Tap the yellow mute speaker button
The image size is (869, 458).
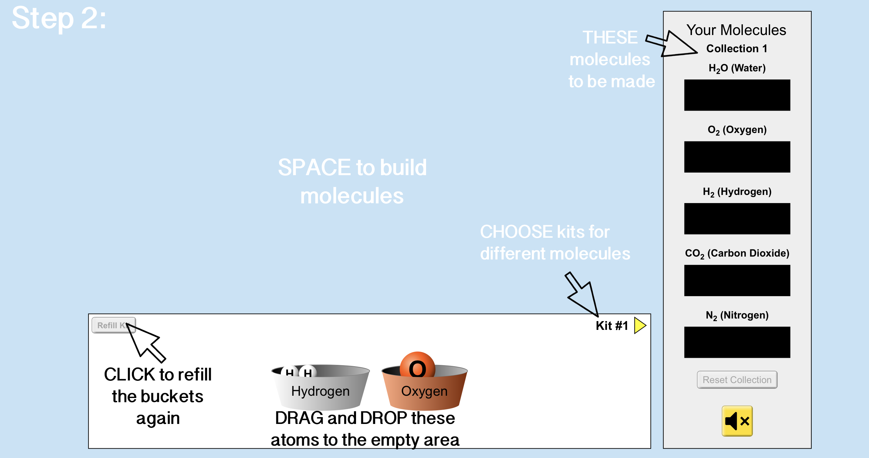737,421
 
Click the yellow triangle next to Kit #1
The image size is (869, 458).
639,325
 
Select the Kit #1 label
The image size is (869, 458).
612,326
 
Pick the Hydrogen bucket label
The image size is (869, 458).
320,391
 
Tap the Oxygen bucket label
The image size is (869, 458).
424,391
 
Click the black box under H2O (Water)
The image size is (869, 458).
737,95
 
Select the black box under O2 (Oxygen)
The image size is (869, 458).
737,157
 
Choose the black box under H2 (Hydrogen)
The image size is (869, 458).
737,218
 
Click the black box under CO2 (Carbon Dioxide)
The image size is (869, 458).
737,280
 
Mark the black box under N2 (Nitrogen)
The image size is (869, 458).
737,342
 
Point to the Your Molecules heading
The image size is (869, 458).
736,30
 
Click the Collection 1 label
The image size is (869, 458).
736,49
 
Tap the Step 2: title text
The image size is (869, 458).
59,18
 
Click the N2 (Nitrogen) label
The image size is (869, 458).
737,315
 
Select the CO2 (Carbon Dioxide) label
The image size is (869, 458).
737,253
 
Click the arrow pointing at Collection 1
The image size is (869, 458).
671,44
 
